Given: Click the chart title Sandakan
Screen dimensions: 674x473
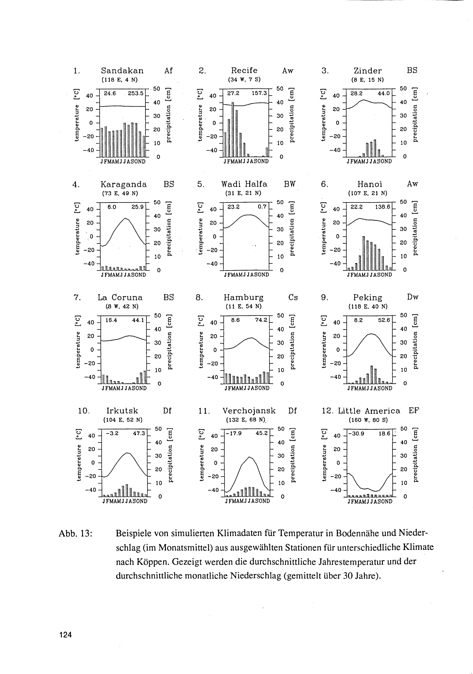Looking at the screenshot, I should pyautogui.click(x=122, y=71).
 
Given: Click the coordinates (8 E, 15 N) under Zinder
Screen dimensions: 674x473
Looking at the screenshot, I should pyautogui.click(x=368, y=80).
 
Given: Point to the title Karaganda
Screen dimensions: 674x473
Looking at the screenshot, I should pyautogui.click(x=123, y=184).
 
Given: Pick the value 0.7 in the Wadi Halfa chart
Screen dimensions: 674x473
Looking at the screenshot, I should pyautogui.click(x=262, y=207).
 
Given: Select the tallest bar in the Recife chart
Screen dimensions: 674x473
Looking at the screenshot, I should pyautogui.click(x=232, y=129).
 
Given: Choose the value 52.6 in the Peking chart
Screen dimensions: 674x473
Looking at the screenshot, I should pyautogui.click(x=384, y=320).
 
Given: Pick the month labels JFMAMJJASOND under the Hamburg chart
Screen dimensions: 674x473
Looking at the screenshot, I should pyautogui.click(x=247, y=388).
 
